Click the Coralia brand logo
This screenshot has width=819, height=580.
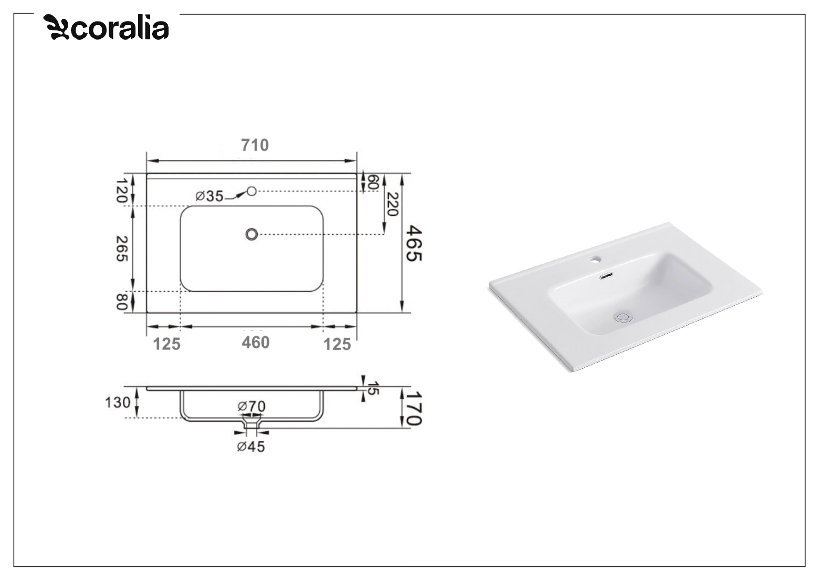click(106, 28)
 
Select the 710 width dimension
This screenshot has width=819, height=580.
click(255, 145)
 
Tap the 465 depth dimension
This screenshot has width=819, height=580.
click(414, 243)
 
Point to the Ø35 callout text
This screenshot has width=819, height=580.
click(209, 196)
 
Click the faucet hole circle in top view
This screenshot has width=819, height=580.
click(252, 191)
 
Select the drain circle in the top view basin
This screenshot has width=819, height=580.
click(252, 234)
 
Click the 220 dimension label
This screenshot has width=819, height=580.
click(392, 204)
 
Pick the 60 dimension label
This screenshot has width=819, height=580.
click(372, 182)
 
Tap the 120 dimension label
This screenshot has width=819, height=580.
click(121, 190)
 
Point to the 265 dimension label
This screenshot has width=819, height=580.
click(121, 248)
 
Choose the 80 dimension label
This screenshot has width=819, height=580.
click(121, 301)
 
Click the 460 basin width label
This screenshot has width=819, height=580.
click(255, 343)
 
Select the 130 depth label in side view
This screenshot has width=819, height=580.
click(117, 402)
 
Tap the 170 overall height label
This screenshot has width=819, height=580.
click(414, 408)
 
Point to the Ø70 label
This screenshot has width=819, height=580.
click(251, 406)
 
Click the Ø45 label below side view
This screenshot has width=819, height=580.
click(251, 447)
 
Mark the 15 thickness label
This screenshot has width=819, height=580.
click(373, 388)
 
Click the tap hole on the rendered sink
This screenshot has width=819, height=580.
click(596, 258)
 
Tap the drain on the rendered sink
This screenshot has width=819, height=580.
click(623, 317)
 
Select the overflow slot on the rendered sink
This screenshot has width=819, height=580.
click(606, 276)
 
